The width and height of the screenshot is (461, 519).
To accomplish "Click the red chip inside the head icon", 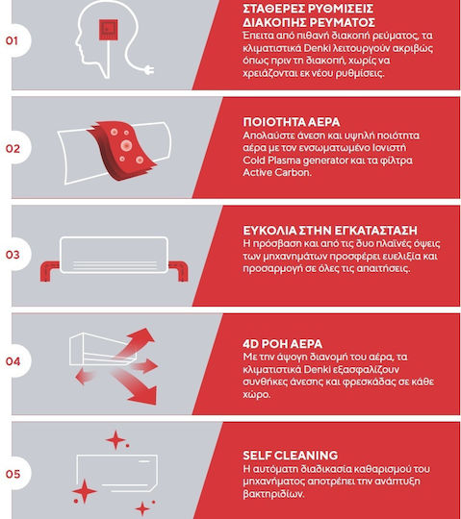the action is pos(108,30).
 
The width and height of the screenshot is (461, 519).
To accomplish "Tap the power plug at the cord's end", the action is pos(148,70).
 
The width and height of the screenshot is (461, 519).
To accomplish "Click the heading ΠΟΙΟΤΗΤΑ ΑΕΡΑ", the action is pos(292,122).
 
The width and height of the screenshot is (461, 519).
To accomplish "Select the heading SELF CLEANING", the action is pos(291,456).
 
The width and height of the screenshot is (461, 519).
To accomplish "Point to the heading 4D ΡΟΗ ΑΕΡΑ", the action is pos(282,344).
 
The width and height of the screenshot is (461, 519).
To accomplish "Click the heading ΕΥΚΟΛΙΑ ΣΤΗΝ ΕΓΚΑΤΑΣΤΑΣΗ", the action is pos(330,231).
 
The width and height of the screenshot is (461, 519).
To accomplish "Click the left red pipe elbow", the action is pos(49,271).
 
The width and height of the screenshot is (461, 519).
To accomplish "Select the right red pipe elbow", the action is pos(179,271).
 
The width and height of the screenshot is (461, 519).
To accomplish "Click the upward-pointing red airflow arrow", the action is pos(140,341).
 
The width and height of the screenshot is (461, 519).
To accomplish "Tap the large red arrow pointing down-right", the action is pos(137,387).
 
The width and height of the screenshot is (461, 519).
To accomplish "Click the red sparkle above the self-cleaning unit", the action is pos(115,440).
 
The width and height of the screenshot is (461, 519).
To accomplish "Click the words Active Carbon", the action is pos(277,172).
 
